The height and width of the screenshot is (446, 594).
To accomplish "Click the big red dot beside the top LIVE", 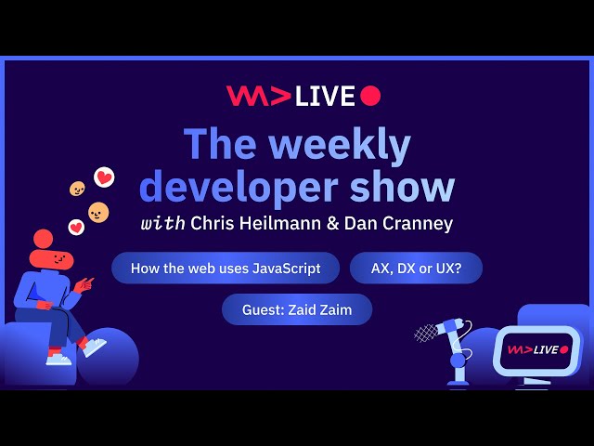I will pyautogui.click(x=370, y=96).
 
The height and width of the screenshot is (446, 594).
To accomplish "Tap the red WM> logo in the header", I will pyautogui.click(x=258, y=96).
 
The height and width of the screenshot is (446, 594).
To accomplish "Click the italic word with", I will pyautogui.click(x=163, y=223).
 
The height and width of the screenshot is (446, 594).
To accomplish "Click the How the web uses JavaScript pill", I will pyautogui.click(x=226, y=268).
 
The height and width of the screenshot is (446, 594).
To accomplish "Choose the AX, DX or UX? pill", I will pyautogui.click(x=416, y=268).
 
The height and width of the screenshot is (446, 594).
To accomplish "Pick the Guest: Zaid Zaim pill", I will pyautogui.click(x=297, y=309).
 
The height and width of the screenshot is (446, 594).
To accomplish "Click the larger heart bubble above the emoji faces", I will pyautogui.click(x=104, y=177).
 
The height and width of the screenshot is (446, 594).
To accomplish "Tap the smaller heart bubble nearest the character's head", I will pyautogui.click(x=76, y=226).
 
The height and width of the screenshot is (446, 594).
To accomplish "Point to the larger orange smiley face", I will pyautogui.click(x=98, y=212).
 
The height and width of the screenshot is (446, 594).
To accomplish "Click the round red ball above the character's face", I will pyautogui.click(x=43, y=239).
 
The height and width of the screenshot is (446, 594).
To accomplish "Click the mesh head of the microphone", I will pyautogui.click(x=426, y=332).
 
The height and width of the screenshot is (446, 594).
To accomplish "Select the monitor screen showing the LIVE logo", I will pyautogui.click(x=536, y=349).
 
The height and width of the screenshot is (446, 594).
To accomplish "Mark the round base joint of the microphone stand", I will pyautogui.click(x=457, y=360).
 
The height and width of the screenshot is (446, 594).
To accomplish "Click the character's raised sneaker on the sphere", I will pyautogui.click(x=94, y=348).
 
